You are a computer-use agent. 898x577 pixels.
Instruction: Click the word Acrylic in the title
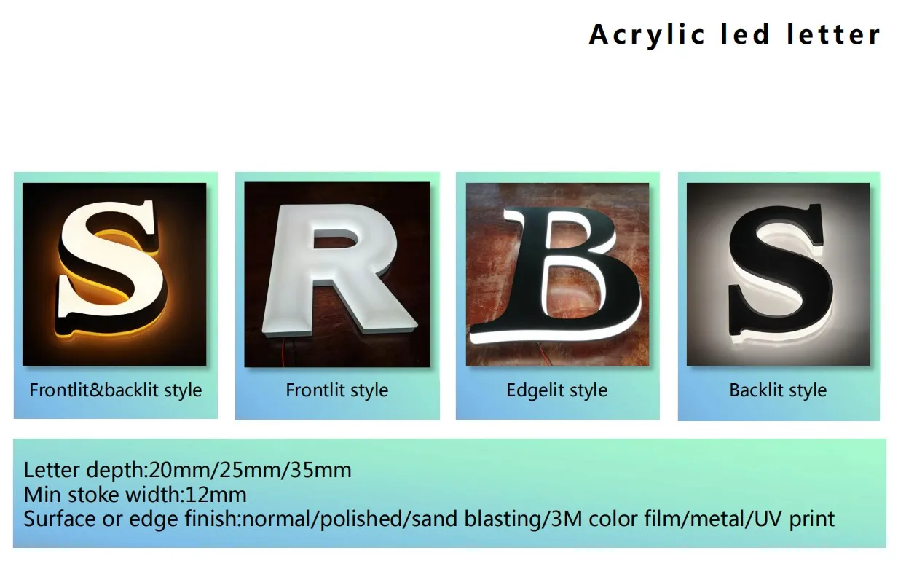(x=646, y=35)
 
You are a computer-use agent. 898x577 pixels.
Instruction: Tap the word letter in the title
(x=833, y=34)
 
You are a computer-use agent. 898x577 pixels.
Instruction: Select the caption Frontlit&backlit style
(x=116, y=390)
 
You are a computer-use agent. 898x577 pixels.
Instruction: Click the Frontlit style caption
(x=336, y=390)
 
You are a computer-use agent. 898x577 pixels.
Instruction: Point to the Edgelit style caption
(x=557, y=390)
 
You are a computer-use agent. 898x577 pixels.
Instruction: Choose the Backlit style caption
(x=778, y=390)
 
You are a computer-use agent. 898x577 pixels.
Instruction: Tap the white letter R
(x=339, y=270)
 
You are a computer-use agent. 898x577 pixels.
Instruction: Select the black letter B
(x=555, y=277)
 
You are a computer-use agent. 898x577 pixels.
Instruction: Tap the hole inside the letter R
(x=335, y=240)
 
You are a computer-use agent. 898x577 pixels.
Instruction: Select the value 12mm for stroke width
(x=216, y=495)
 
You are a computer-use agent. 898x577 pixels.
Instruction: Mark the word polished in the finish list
(x=361, y=519)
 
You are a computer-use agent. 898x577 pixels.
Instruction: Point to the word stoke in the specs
(x=94, y=495)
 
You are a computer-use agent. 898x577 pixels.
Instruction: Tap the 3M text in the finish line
(x=566, y=519)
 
